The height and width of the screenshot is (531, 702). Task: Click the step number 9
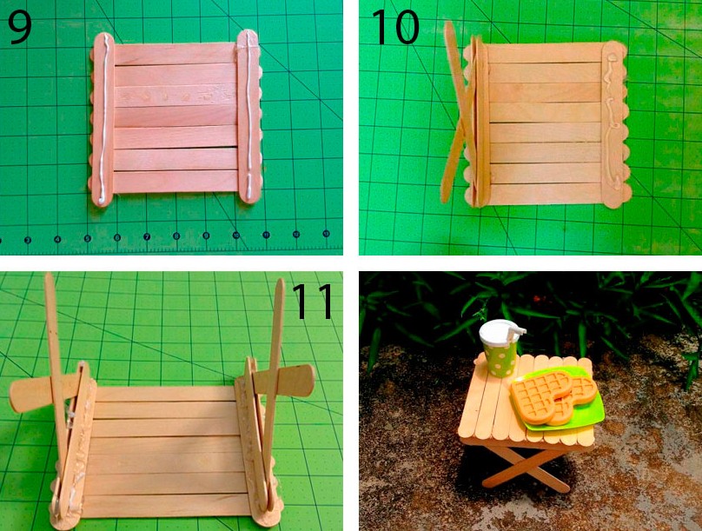tap(20, 27)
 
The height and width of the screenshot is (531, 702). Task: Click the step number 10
tap(396, 27)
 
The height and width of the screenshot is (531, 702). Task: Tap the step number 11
tap(313, 301)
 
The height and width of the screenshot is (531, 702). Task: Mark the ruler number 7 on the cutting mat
tap(147, 237)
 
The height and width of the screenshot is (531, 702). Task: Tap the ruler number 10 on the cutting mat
tap(236, 235)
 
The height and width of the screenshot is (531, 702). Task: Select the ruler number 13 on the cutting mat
tap(326, 233)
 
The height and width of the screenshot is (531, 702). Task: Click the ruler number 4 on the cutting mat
tap(57, 239)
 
